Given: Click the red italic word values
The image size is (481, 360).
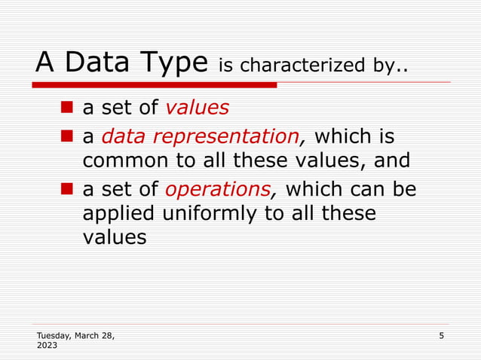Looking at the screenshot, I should pyautogui.click(x=197, y=108).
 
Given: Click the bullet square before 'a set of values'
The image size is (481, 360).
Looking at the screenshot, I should pyautogui.click(x=66, y=107).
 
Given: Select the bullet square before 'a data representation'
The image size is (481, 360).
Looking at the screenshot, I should pyautogui.click(x=66, y=136).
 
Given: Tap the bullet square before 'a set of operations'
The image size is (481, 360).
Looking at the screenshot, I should pyautogui.click(x=66, y=188).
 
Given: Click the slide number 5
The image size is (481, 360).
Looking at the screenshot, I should pyautogui.click(x=441, y=334).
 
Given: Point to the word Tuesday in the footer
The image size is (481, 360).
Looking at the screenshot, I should pyautogui.click(x=53, y=334).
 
